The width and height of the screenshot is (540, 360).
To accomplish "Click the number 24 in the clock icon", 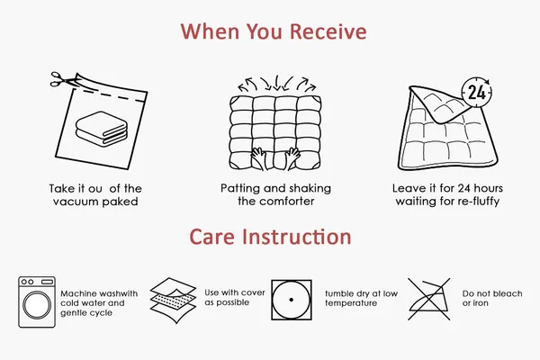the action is click(x=477, y=93).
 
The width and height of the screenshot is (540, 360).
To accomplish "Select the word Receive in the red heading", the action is click(x=328, y=31).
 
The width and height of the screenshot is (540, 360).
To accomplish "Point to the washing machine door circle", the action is click(x=37, y=305).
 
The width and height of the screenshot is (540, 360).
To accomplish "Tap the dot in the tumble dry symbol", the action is click(x=292, y=300).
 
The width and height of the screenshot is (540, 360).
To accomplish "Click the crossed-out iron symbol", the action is click(x=428, y=299).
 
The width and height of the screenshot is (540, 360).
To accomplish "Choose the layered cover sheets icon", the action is click(x=173, y=300).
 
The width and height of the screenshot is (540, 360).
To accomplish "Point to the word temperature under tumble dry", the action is click(x=351, y=303).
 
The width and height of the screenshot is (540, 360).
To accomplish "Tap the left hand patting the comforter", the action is click(x=258, y=158).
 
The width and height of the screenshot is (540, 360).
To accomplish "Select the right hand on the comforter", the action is click(x=292, y=158).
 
